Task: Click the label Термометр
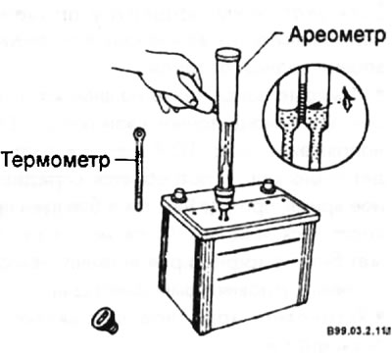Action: point(54,157)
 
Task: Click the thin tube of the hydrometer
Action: point(225,157)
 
